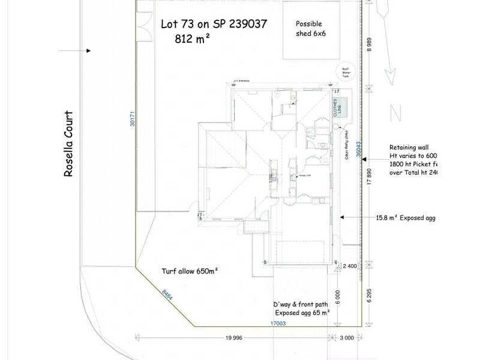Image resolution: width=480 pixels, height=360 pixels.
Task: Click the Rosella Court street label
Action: point(68,143)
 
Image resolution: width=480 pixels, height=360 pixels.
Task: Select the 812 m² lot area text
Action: point(193,38)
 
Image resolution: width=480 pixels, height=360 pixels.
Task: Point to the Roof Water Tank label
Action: point(346,73)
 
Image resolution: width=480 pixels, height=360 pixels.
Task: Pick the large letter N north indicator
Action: point(394,112)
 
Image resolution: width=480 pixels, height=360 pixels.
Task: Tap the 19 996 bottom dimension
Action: point(233,338)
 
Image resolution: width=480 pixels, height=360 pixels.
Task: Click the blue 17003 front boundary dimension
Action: point(277,323)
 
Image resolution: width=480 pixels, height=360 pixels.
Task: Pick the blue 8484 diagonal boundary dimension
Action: point(167,296)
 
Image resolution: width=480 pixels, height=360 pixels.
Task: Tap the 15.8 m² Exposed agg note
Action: point(405,218)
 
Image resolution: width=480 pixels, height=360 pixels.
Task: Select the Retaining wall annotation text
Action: point(409,147)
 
